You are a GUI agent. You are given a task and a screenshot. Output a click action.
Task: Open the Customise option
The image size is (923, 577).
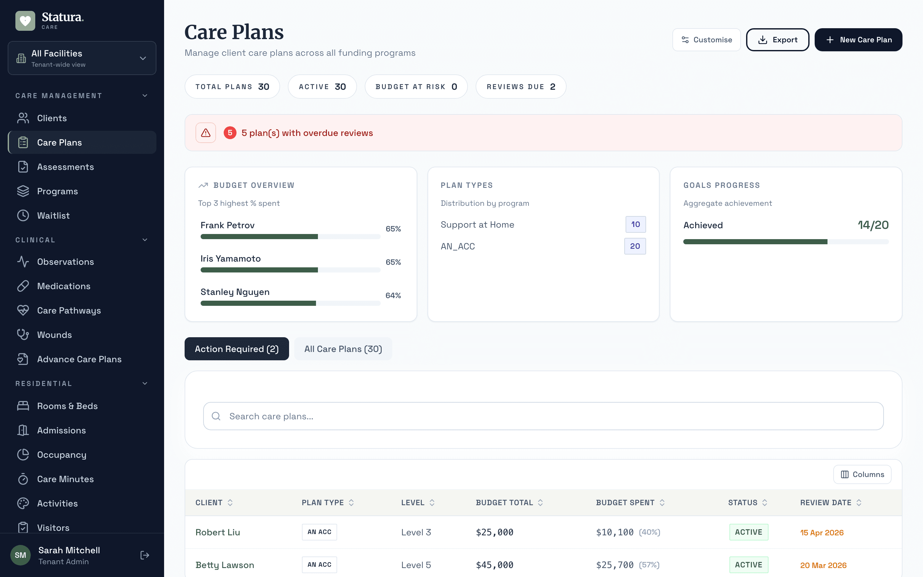pos(706,40)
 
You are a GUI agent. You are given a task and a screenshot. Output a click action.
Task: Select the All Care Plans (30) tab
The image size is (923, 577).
pos(343,349)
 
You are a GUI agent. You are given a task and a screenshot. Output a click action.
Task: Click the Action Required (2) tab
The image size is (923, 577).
pos(237,349)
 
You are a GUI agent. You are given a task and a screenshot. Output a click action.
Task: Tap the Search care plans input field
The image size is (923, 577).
pos(543,416)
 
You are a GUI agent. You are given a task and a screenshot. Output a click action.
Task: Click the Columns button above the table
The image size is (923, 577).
pos(862,474)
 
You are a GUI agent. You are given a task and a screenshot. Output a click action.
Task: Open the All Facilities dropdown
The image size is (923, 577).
pos(82,58)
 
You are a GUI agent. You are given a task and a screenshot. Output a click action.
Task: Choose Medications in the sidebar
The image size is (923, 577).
pos(64,286)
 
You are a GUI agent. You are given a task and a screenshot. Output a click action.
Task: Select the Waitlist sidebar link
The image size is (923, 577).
pos(54,216)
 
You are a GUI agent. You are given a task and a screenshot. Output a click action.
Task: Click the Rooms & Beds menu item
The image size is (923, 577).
pos(67,406)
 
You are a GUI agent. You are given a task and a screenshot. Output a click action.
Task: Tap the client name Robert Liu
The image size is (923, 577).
pos(217,532)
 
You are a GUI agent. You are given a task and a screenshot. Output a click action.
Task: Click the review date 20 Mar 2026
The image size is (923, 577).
pos(823,565)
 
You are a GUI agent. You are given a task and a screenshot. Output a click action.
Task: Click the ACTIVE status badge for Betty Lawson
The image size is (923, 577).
pos(748,565)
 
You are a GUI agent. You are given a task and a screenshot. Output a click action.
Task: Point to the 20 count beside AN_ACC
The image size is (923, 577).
pos(635,246)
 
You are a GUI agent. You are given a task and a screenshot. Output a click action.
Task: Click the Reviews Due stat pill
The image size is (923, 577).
pos(520,87)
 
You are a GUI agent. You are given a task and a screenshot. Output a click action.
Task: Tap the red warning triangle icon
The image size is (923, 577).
pos(205,133)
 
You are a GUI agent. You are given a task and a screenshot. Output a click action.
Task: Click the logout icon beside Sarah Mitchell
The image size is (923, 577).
pos(145,555)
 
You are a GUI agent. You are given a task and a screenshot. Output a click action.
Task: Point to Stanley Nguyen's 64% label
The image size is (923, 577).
pos(393,295)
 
